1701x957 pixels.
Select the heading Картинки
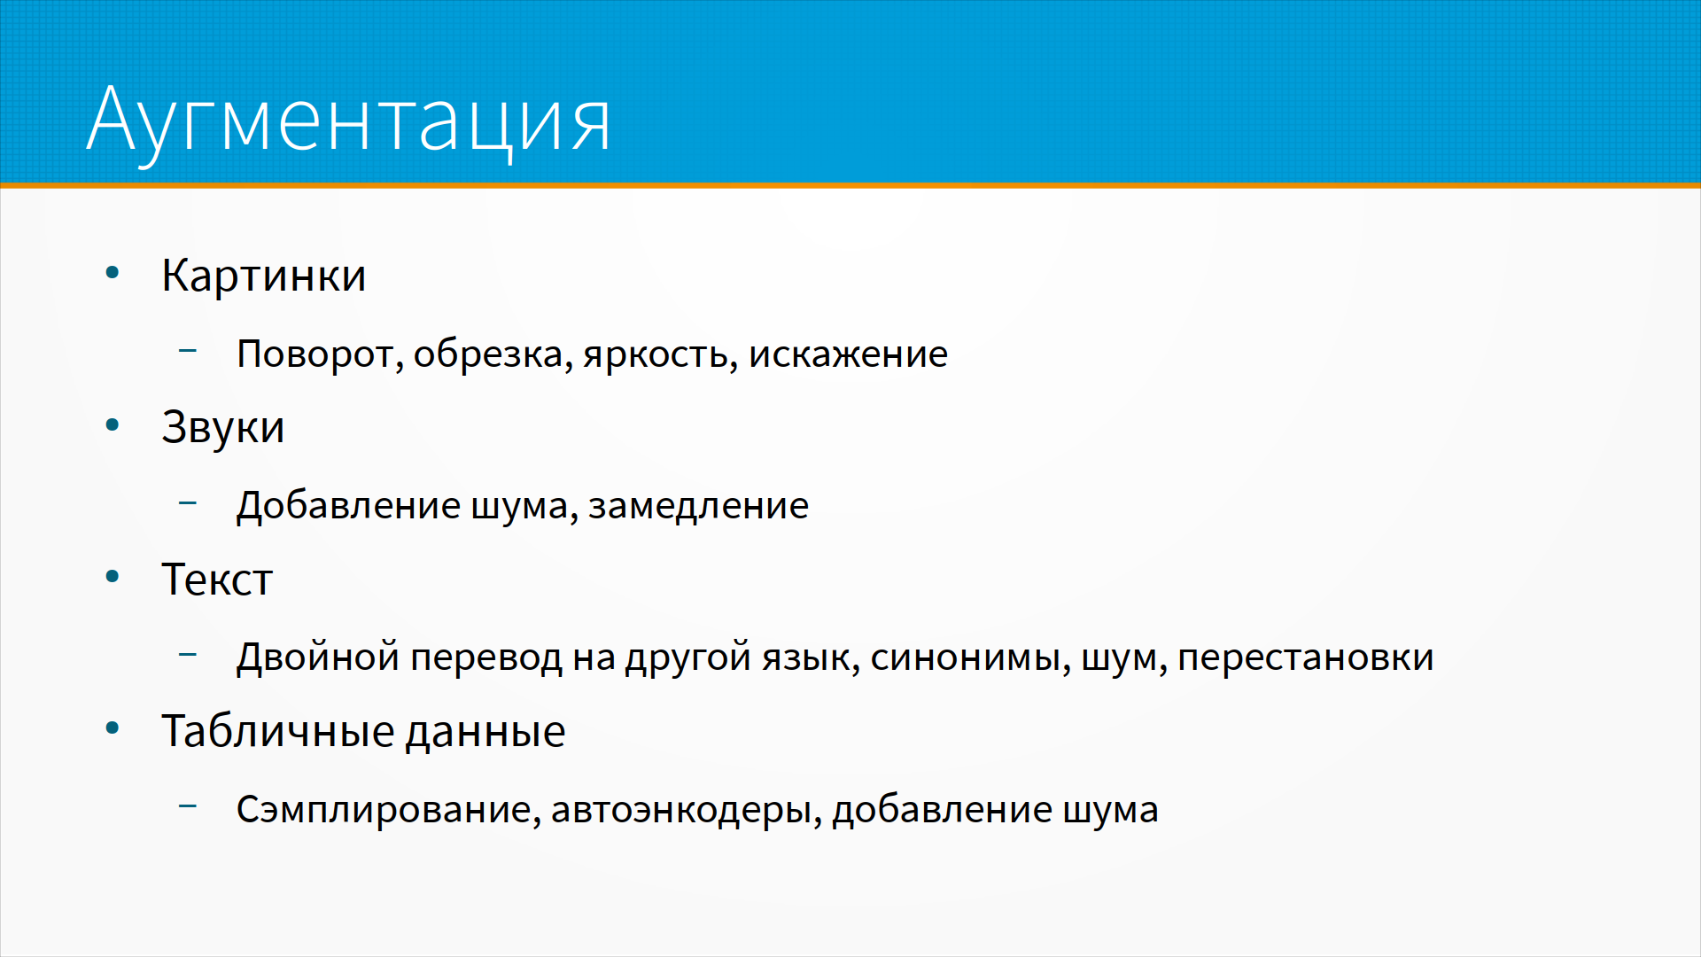pos(263,276)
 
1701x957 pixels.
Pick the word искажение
pos(848,354)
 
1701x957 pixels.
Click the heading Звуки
pos(222,428)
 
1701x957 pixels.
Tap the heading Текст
pos(217,580)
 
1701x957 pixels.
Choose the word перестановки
pos(1305,658)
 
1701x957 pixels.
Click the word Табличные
pos(277,732)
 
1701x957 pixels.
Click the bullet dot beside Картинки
pos(113,273)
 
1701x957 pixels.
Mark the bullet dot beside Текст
pos(113,577)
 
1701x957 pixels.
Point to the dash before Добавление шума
pos(188,503)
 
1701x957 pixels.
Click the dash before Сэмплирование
pos(188,806)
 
